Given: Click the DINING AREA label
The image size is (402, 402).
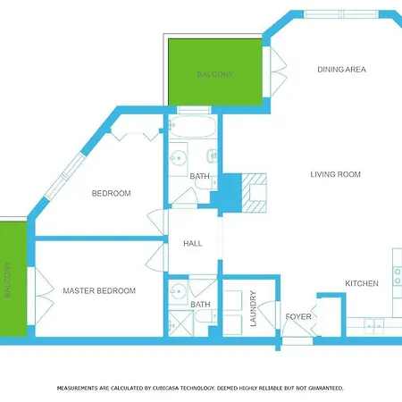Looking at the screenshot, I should (x=342, y=70).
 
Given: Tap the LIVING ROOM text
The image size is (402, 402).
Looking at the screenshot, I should (x=335, y=175).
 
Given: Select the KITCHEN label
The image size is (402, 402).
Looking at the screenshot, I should (x=362, y=283).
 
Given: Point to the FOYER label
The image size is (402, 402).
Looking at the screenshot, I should (x=297, y=316).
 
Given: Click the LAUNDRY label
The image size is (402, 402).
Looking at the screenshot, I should (x=254, y=307).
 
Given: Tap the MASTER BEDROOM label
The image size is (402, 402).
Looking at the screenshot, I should (x=99, y=291).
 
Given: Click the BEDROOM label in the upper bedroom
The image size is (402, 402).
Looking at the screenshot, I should (x=112, y=193).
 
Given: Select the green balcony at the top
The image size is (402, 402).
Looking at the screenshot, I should (x=214, y=74).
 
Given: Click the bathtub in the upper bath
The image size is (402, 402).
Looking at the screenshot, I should (x=192, y=127).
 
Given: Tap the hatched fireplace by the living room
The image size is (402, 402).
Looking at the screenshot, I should (x=257, y=193).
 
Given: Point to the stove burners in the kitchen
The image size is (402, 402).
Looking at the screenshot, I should (x=397, y=268).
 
